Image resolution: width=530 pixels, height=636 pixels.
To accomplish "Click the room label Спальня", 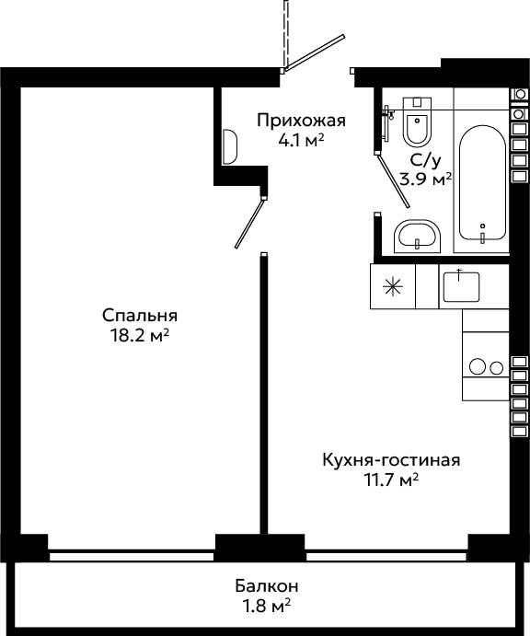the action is tap(140, 316).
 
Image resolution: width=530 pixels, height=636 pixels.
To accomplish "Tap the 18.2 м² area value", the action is tap(140, 335).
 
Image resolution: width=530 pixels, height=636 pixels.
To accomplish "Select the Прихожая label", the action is tap(301, 121).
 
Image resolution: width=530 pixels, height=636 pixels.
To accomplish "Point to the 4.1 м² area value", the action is tap(301, 140).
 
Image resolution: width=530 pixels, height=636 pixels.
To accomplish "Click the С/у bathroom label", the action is tap(425, 161).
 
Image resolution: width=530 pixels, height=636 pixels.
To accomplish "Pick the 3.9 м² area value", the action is tap(426, 179).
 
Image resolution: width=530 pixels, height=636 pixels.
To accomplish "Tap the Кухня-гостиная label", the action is tap(391, 460).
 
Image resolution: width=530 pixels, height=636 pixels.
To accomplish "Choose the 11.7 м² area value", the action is tap(391, 480).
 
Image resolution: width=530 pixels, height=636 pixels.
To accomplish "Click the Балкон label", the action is tap(267, 586).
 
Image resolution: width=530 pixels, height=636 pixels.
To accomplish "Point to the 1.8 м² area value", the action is tap(267, 607).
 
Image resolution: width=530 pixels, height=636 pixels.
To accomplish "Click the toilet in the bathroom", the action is tap(417, 121).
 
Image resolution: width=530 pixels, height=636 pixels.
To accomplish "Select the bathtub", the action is tap(482, 183).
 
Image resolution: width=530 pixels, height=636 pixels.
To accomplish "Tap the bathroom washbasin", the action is tap(417, 237).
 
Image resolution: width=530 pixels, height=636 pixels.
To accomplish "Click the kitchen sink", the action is tap(461, 287).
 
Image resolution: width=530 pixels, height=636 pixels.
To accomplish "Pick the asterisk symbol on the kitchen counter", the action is tap(393, 287).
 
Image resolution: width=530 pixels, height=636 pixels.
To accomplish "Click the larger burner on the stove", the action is tap(478, 366).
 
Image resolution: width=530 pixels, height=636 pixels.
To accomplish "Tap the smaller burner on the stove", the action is tap(496, 368).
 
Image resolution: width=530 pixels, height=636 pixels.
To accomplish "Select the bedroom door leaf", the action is tap(249, 224).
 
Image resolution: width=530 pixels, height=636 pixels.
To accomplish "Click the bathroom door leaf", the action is tap(393, 180).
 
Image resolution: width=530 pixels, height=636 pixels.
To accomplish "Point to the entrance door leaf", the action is tap(315, 52).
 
